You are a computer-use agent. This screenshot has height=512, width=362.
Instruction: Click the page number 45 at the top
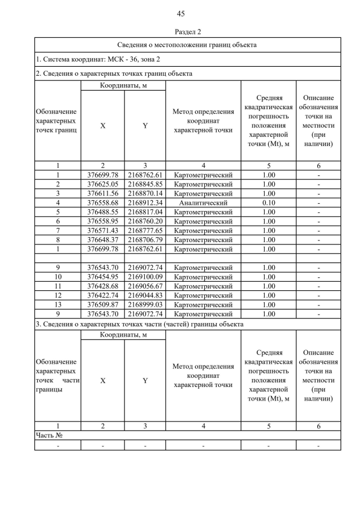pos(181,14)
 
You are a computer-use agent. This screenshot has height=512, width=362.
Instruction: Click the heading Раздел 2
pos(181,32)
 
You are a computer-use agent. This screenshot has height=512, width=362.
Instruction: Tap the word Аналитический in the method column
pos(203,203)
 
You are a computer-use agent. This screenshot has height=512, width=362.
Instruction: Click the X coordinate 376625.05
pos(102,184)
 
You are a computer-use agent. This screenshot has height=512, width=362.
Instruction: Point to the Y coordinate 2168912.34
pos(145,203)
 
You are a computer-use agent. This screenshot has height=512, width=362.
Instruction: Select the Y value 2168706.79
pos(145,239)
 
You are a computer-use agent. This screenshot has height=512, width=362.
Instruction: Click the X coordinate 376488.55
pos(102,212)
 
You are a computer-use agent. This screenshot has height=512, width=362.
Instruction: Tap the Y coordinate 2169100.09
pos(145,277)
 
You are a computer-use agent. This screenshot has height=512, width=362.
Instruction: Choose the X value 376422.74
pos(102,295)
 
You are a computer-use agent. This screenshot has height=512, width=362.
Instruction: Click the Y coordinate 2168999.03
pos(145,304)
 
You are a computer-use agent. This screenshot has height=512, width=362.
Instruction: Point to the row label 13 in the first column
pos(58,304)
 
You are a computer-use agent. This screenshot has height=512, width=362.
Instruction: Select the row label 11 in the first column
pos(58,286)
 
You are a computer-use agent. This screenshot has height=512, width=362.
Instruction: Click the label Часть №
pos(49,435)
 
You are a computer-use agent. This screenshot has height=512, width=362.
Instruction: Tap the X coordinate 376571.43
pos(102,230)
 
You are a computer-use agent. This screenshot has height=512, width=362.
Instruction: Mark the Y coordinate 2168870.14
pos(145,193)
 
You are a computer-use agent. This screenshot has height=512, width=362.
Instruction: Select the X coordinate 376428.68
pos(102,286)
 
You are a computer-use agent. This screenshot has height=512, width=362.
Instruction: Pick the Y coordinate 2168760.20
pos(145,221)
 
